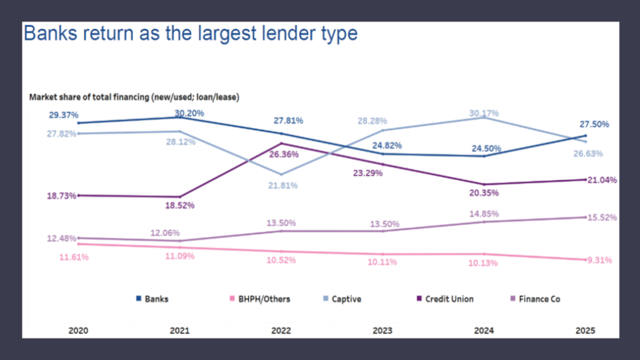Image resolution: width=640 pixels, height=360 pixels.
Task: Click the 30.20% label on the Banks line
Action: tap(189, 113)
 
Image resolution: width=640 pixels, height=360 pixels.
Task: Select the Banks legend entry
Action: tap(152, 299)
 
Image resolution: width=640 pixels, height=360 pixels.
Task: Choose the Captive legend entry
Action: tap(342, 299)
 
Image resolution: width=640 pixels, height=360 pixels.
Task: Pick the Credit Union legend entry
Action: tap(445, 299)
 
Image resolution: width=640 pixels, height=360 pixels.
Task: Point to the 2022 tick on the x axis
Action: tap(281, 330)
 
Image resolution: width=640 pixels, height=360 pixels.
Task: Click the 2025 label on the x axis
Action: tap(585, 330)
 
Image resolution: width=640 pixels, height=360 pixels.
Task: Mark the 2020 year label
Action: tap(78, 330)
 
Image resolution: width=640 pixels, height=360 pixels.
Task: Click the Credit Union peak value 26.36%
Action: tap(284, 154)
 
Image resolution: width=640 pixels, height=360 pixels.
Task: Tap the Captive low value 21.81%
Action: tap(283, 186)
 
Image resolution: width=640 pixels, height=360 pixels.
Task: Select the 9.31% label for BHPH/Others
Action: tap(599, 260)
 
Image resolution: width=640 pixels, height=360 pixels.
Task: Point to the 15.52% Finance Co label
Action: tap(602, 218)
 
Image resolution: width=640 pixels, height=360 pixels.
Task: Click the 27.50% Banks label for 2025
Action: tap(594, 124)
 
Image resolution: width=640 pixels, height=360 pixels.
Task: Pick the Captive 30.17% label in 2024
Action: tap(484, 113)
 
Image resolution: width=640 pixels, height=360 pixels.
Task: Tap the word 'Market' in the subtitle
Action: tap(42, 97)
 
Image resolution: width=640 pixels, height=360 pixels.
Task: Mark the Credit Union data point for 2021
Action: tap(180, 197)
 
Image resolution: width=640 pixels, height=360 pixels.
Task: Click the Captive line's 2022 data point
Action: tap(281, 175)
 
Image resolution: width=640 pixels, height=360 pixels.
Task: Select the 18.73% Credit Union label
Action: tap(61, 196)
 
